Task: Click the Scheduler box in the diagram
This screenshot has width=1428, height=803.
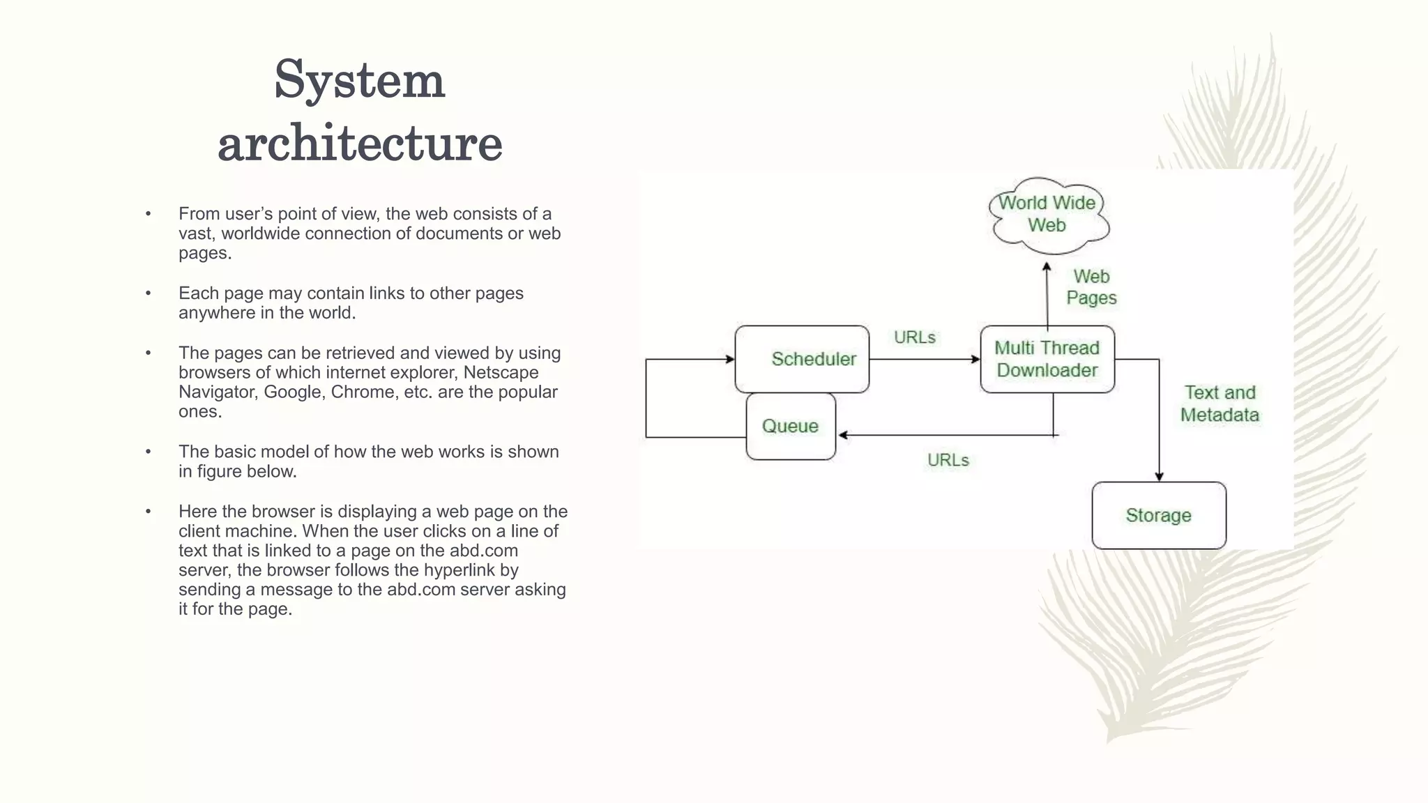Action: point(802,359)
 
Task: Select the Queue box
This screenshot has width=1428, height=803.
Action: point(790,426)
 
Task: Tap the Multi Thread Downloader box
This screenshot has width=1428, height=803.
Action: point(1047,359)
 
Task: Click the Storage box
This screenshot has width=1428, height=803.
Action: point(1158,515)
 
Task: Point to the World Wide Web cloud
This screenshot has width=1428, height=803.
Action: point(1047,214)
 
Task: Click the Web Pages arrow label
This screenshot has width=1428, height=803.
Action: point(1091,286)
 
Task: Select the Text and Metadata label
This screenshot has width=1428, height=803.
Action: point(1220,404)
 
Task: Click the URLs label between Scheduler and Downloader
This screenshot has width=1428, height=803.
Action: point(914,337)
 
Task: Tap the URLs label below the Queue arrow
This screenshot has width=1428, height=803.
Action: point(948,460)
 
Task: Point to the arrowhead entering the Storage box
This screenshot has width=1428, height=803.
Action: point(1159,477)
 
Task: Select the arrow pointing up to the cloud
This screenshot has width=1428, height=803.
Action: point(1047,293)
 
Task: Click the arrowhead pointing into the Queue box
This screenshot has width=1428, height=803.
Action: point(843,435)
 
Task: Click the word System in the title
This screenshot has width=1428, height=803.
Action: point(359,80)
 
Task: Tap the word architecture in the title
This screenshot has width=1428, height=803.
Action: point(360,143)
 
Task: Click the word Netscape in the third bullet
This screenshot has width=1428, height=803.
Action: point(501,372)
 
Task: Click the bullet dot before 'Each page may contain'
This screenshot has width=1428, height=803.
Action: point(148,293)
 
